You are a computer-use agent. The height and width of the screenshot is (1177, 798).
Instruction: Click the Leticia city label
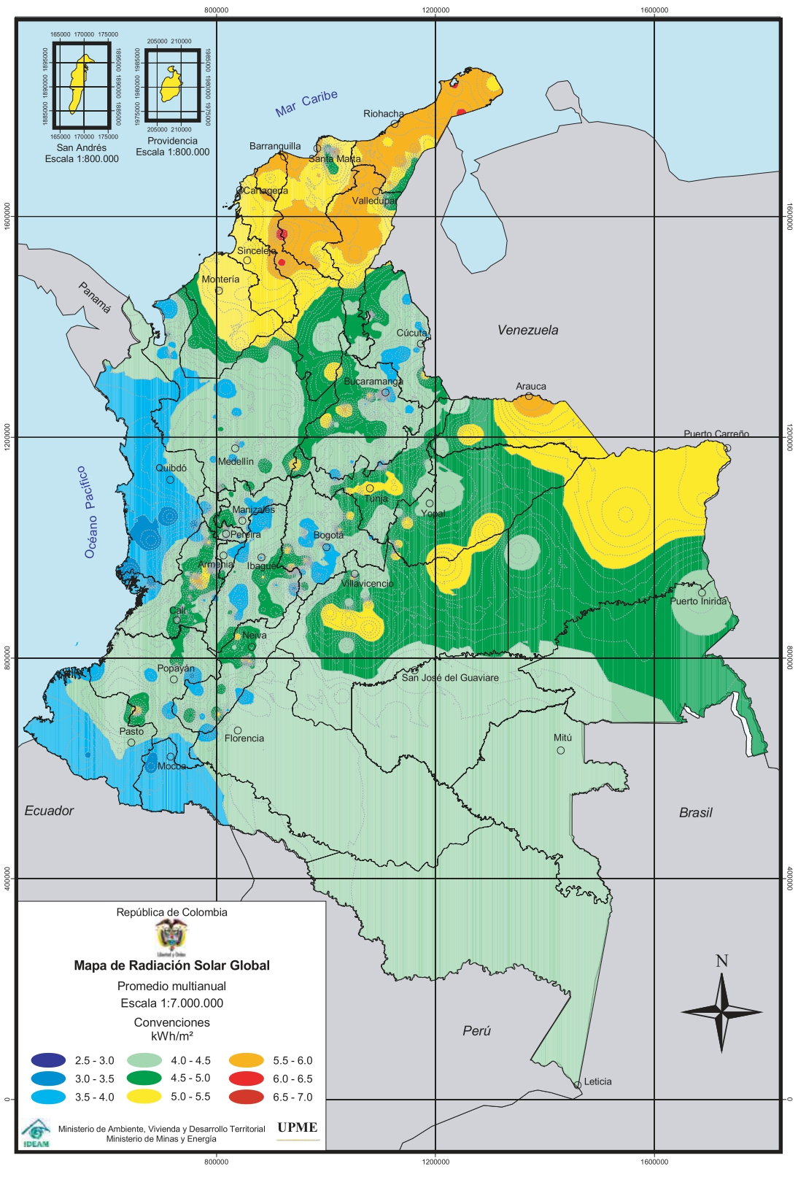[597, 1081]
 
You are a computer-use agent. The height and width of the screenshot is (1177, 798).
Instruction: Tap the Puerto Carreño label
[716, 433]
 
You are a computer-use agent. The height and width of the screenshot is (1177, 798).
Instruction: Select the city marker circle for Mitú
[561, 750]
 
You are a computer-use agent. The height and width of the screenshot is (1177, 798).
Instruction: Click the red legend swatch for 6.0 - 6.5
[247, 1078]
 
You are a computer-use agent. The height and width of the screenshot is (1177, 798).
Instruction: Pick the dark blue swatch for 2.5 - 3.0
[48, 1060]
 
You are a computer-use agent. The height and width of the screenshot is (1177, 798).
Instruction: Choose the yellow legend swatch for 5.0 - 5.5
[144, 1096]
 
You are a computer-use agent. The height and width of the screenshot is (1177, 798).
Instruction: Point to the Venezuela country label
[527, 330]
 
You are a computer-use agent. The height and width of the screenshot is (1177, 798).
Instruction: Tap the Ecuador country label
[49, 811]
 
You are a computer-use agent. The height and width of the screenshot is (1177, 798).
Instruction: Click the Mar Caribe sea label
[306, 104]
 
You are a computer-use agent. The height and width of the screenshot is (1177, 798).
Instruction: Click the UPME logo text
[297, 1127]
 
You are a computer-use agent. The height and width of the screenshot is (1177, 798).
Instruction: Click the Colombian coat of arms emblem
[171, 936]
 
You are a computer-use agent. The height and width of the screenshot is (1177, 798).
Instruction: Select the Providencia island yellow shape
[171, 86]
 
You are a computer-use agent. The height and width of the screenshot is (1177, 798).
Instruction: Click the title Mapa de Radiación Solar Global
[171, 965]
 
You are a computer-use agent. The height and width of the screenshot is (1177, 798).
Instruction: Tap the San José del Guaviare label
[450, 678]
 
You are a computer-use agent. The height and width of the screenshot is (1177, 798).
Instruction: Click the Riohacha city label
[384, 114]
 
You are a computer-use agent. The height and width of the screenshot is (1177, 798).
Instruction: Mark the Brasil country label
[695, 813]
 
